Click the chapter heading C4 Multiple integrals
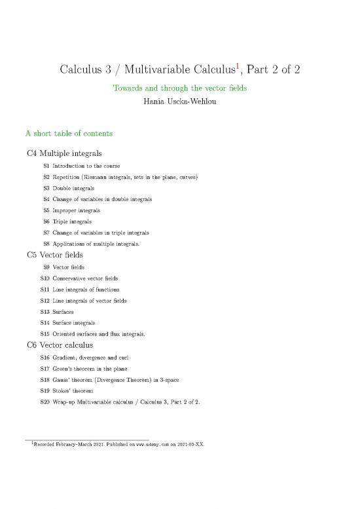[x=64, y=153]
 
